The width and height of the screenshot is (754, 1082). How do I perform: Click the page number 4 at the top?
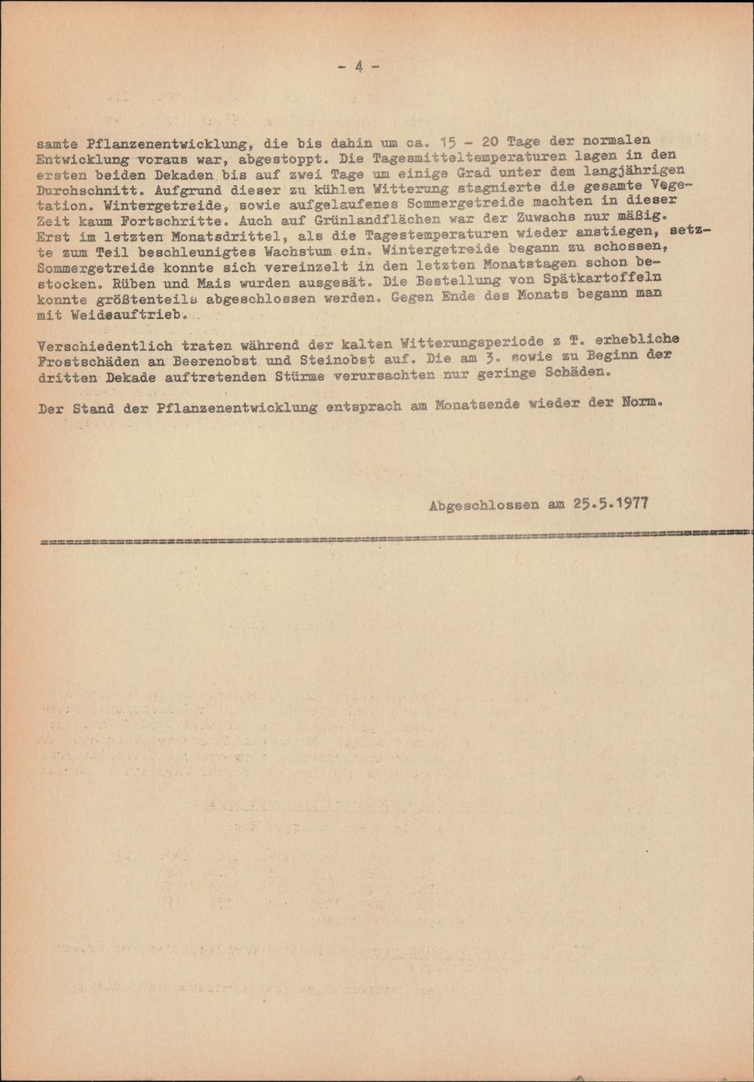(x=359, y=66)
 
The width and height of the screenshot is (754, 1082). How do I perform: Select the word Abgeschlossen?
(x=483, y=505)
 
